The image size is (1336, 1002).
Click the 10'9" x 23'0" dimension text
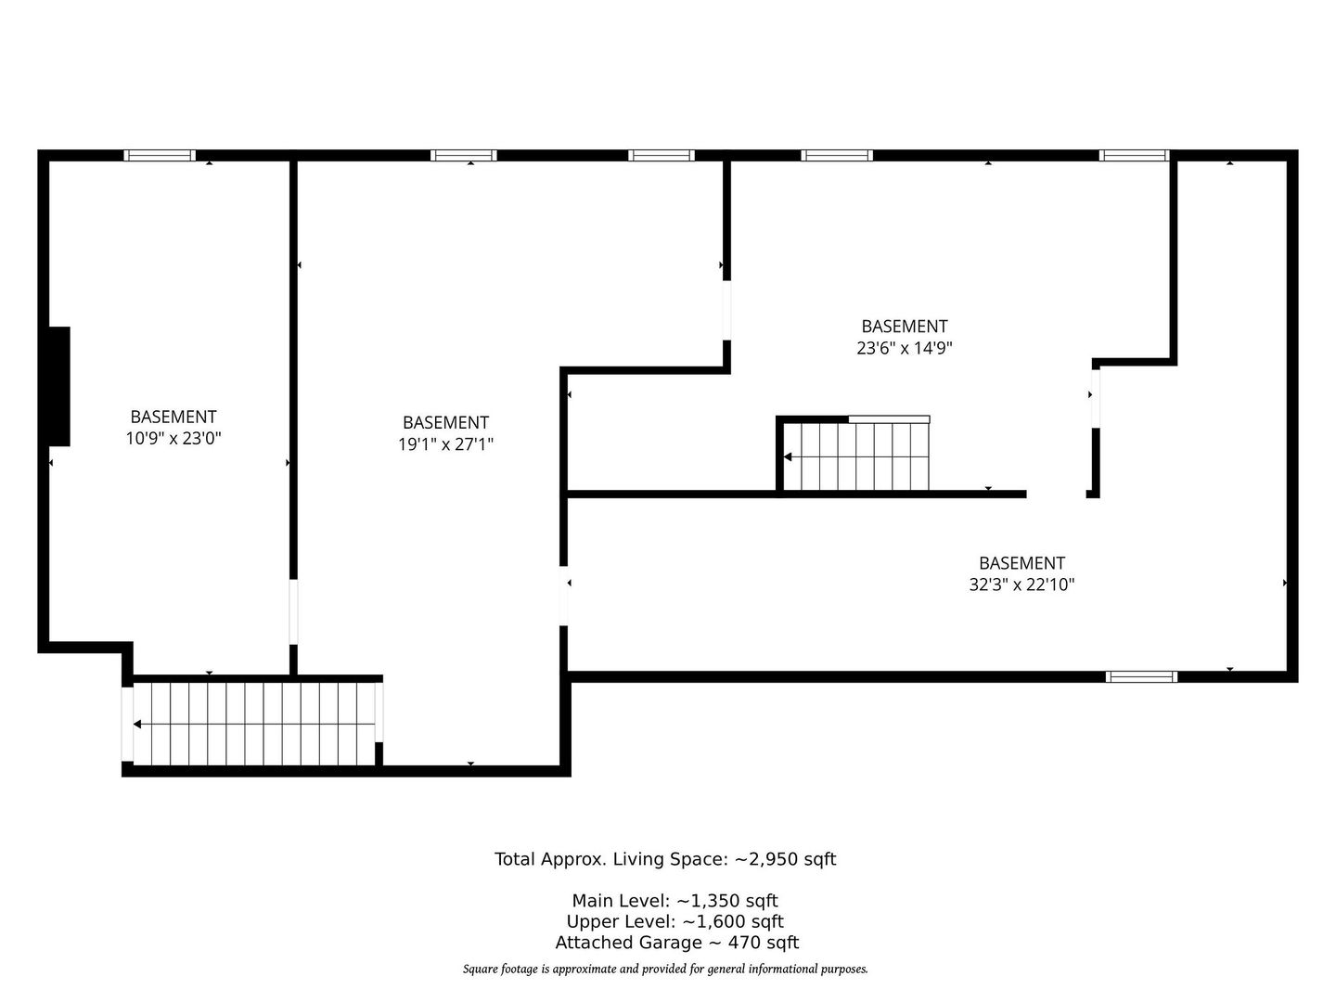[x=173, y=438]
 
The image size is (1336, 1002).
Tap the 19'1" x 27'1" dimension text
[x=445, y=444]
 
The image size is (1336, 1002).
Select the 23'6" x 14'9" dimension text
[x=904, y=348]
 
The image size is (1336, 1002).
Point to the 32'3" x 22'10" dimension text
[x=1021, y=584]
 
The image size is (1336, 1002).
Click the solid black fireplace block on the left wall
[x=59, y=386]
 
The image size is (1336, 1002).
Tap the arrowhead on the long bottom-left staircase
[x=137, y=724]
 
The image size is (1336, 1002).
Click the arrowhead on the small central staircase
[x=788, y=456]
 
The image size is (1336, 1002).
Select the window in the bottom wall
[x=1141, y=676]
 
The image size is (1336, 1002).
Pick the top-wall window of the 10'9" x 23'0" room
[x=160, y=155]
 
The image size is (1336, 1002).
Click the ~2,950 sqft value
[x=785, y=859]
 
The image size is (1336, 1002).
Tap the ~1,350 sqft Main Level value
[x=726, y=900]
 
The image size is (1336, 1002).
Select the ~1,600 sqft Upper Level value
[x=732, y=921]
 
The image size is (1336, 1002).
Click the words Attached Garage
[x=628, y=943]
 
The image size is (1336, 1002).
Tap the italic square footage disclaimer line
[x=665, y=970]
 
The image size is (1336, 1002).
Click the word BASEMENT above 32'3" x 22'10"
[x=1021, y=563]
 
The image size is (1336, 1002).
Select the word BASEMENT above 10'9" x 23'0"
[x=173, y=417]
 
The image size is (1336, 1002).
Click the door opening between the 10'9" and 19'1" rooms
[x=293, y=611]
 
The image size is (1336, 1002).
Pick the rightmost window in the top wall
[x=1134, y=155]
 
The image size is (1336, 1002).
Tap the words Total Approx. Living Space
[x=611, y=859]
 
